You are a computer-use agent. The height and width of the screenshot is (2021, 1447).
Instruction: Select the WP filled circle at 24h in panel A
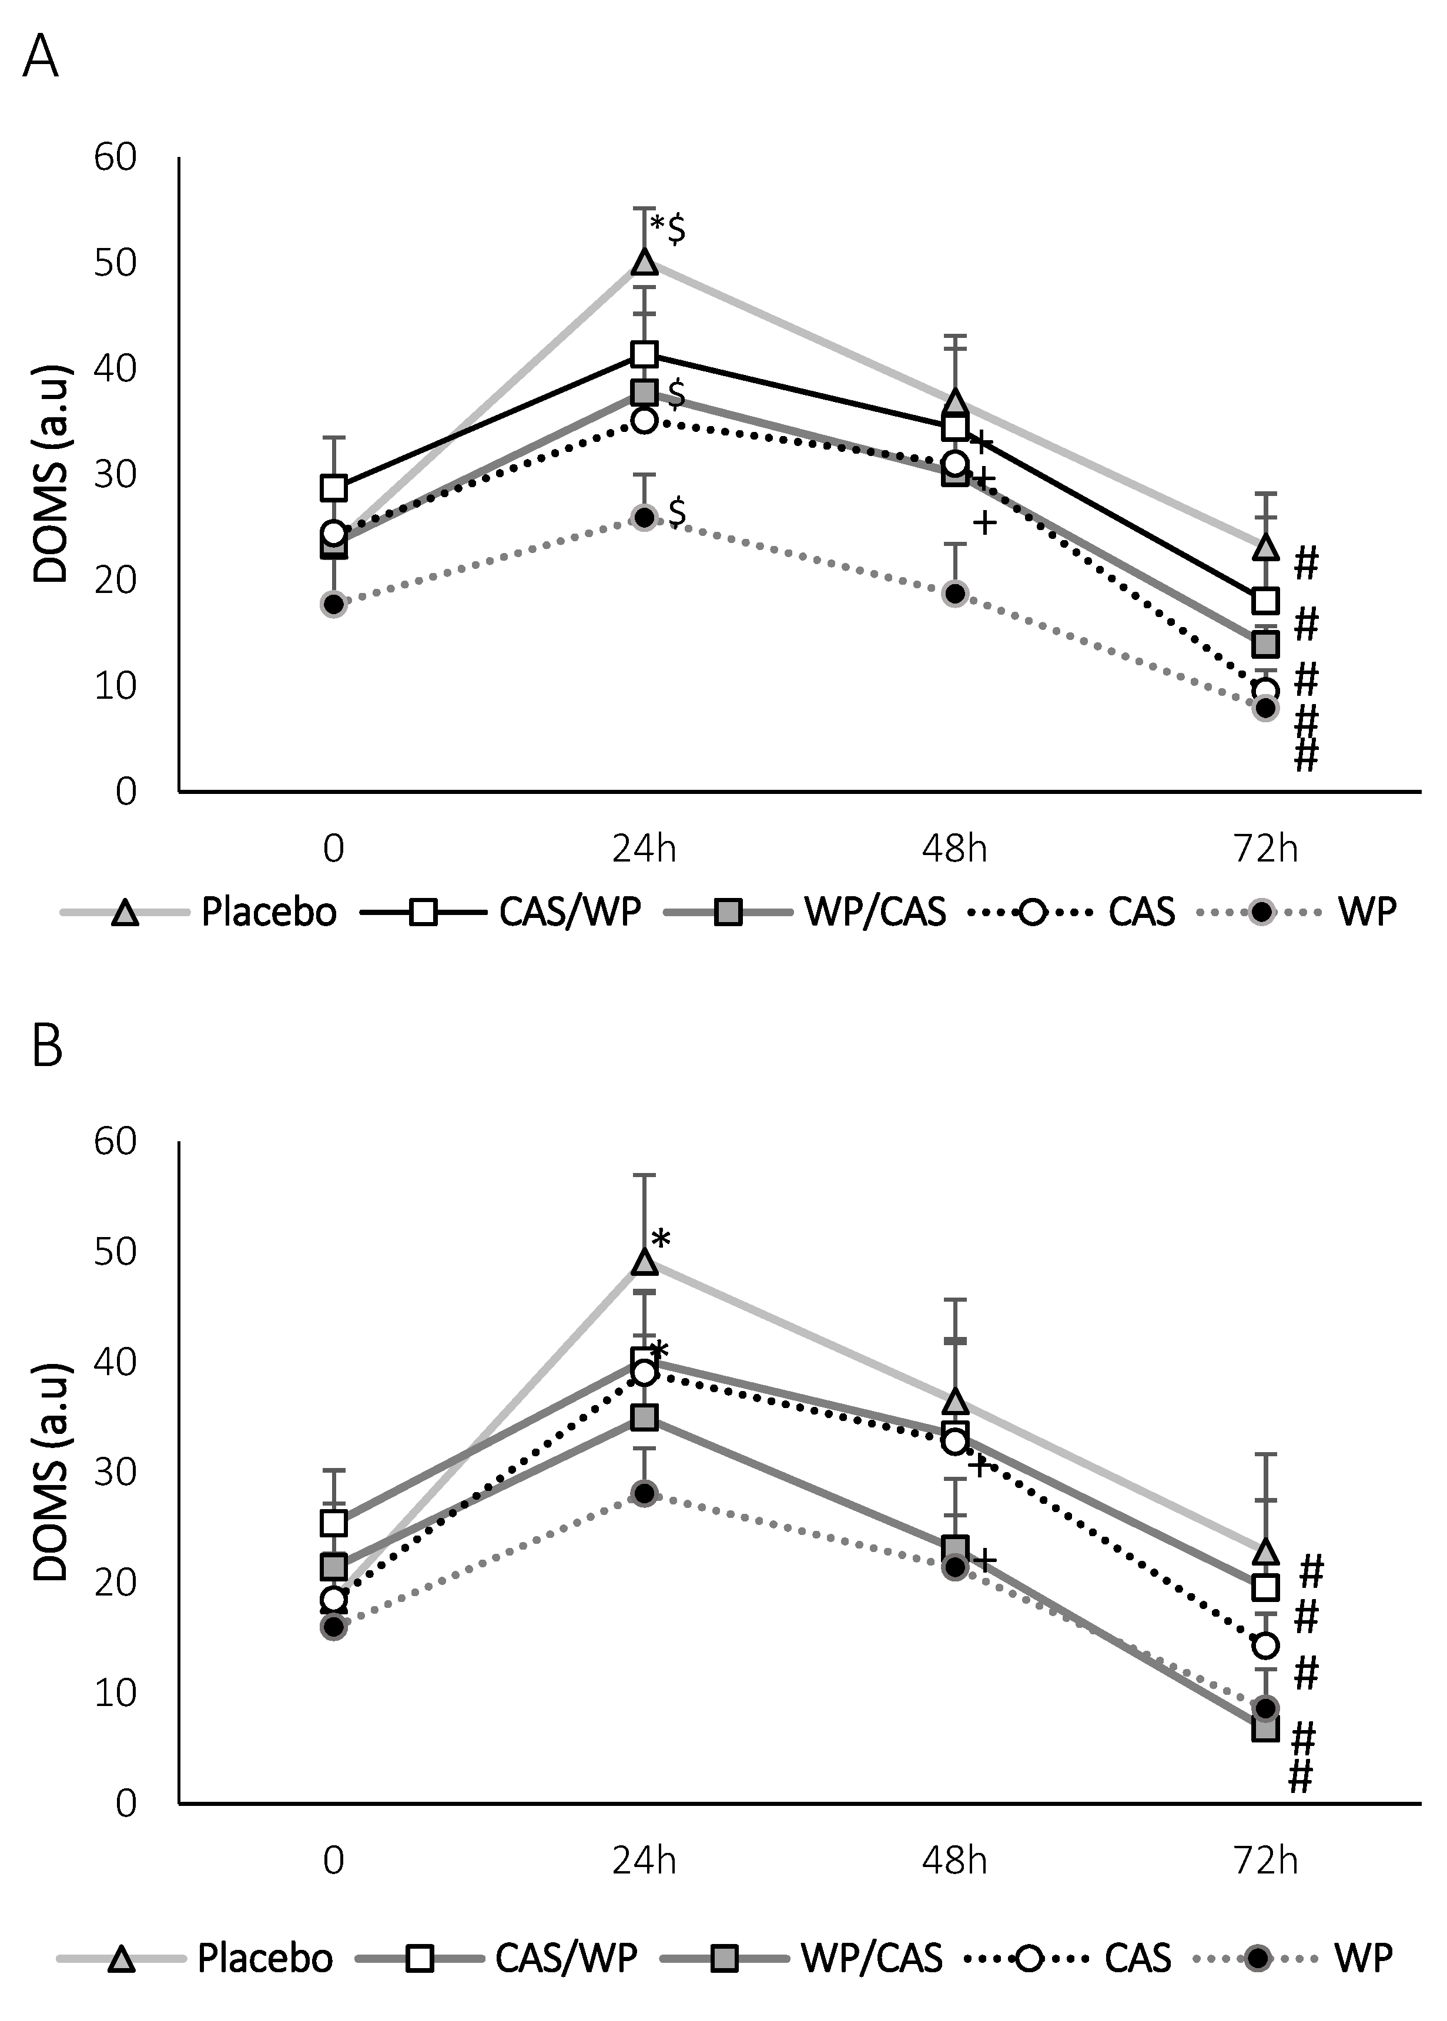click(644, 518)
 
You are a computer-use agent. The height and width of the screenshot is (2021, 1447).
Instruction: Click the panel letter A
click(40, 59)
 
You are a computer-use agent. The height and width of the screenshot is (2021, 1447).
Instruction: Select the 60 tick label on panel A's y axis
click(115, 157)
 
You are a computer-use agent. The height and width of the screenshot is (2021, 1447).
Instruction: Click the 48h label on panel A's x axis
click(954, 849)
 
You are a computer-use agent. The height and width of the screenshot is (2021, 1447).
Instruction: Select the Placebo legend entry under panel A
click(268, 912)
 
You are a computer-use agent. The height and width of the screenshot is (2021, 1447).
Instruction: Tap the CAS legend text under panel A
click(1141, 912)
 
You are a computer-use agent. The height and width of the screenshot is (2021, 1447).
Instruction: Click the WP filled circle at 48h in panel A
click(955, 593)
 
